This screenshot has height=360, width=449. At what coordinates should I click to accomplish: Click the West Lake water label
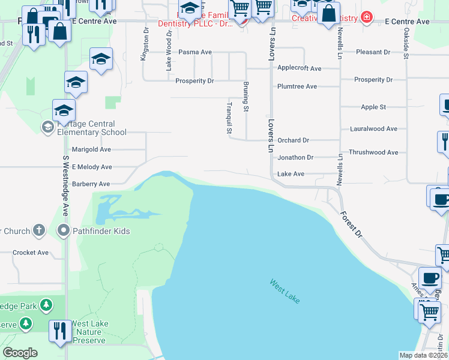[x=285, y=291]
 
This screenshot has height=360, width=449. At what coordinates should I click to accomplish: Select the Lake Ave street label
[x=291, y=174]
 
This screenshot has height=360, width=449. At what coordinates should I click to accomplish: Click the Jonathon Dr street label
[x=295, y=157]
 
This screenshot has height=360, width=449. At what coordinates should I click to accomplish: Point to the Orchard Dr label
[x=293, y=140]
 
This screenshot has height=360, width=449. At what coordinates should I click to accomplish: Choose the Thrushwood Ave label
[x=373, y=152]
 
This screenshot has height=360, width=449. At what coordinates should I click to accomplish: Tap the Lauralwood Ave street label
[x=373, y=129]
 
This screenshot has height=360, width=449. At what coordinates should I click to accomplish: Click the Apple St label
[x=373, y=107]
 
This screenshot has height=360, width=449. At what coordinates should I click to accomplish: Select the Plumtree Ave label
[x=297, y=86]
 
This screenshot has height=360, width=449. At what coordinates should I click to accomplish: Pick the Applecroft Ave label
[x=299, y=68]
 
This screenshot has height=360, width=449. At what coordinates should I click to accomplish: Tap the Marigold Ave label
[x=91, y=149]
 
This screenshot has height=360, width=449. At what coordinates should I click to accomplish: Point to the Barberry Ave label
[x=91, y=184]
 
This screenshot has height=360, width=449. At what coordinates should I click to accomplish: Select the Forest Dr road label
[x=352, y=223]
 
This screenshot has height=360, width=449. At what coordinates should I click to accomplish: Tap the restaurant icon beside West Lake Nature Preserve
[x=60, y=332]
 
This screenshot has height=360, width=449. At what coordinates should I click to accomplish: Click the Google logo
[x=20, y=353]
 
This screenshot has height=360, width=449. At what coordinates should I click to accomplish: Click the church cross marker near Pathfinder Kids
[x=38, y=230]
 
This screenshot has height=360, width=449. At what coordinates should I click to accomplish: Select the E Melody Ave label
[x=92, y=167]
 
